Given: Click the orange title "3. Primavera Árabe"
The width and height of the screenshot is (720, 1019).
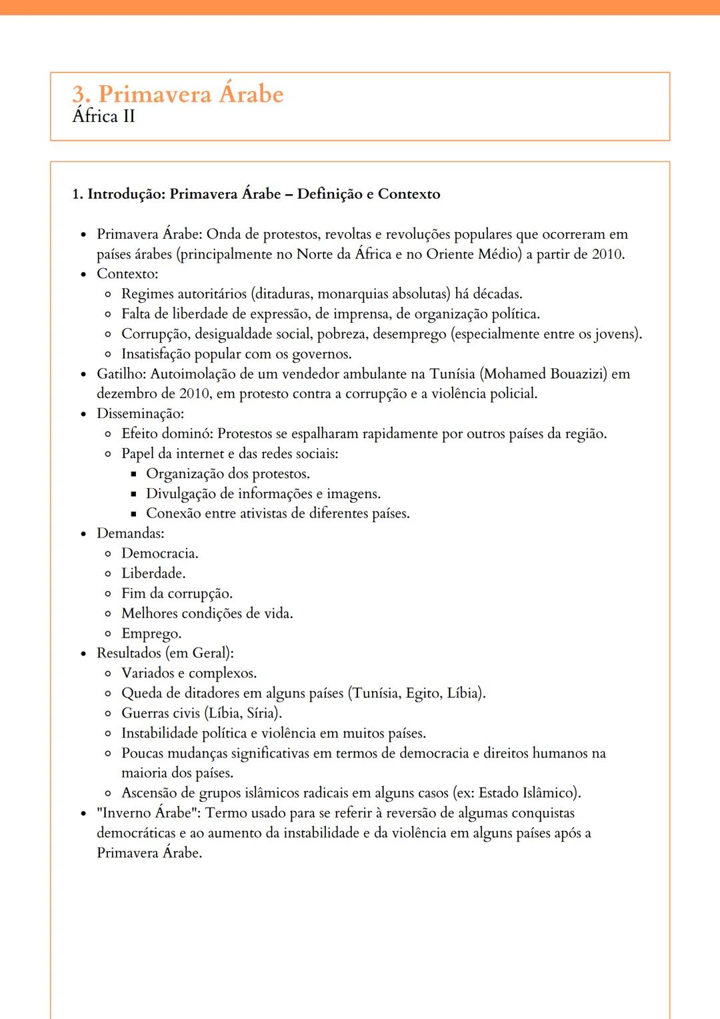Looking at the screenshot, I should (x=177, y=94).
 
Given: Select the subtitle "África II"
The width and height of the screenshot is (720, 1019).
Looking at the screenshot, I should (x=103, y=117).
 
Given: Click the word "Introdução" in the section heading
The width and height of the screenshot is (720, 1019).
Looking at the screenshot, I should (x=126, y=194).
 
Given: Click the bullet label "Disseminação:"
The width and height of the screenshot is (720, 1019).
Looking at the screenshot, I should (x=140, y=413).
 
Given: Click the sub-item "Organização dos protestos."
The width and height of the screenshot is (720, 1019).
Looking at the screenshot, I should (x=228, y=473).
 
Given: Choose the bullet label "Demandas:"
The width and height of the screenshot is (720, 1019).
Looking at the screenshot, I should (x=130, y=534).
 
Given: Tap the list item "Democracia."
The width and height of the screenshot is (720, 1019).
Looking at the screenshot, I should (x=159, y=554).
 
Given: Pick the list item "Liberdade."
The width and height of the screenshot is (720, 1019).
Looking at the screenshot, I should (x=153, y=574).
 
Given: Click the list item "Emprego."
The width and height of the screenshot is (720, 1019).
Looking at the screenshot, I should (x=151, y=634).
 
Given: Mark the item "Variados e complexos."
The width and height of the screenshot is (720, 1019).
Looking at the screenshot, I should (x=189, y=674).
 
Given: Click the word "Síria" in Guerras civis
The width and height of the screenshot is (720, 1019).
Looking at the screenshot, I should (x=261, y=713).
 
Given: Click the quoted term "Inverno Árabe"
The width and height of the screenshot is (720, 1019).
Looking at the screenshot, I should (x=147, y=813).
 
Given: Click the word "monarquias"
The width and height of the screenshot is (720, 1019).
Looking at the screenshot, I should (x=353, y=294).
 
